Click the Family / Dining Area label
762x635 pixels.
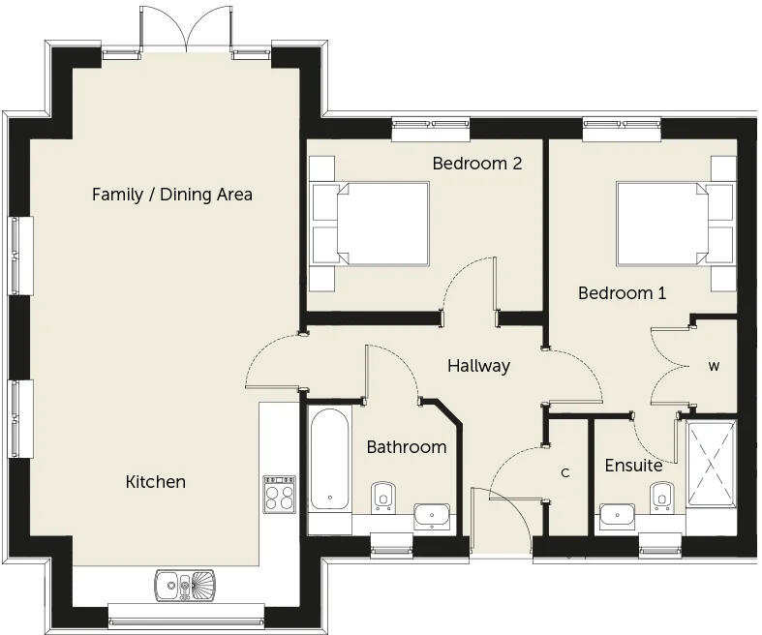(x=172, y=195)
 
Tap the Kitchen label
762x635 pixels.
(x=156, y=481)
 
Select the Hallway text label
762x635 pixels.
(x=478, y=365)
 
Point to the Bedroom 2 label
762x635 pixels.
(x=477, y=164)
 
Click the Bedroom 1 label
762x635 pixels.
(x=622, y=293)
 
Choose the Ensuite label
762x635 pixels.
(x=633, y=466)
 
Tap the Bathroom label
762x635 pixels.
(x=407, y=447)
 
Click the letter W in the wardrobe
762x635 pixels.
(x=714, y=366)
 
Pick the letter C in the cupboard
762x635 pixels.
(x=564, y=472)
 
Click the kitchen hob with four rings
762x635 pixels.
(x=280, y=494)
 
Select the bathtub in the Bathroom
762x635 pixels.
(x=330, y=459)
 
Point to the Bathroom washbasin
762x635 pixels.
(x=432, y=516)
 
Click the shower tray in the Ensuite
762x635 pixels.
(x=712, y=464)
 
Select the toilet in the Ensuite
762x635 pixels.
(x=662, y=497)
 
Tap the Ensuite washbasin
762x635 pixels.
(x=617, y=516)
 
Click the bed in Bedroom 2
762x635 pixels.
(x=370, y=224)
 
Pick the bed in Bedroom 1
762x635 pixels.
(x=677, y=224)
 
